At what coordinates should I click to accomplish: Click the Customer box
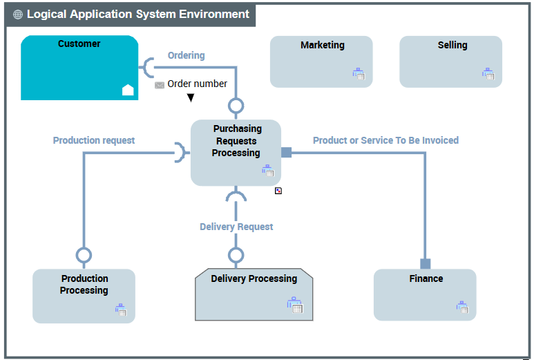79,68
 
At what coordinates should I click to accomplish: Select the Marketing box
321,61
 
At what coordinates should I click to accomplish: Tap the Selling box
450,61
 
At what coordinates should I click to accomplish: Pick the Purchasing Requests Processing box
236,152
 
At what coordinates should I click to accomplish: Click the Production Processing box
84,296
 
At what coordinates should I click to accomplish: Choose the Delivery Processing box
254,294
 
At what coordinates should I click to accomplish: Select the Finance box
425,294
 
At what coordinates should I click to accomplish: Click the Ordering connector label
186,55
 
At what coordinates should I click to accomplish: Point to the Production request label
94,140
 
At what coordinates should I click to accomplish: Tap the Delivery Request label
236,227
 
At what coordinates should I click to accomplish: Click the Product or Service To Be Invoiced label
385,140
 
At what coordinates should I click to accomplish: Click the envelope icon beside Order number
160,85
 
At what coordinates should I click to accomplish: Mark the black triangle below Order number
191,98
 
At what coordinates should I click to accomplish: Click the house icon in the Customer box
128,89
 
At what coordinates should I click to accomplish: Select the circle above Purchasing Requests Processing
236,106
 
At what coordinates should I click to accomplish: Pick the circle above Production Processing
84,256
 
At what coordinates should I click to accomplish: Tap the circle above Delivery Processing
236,256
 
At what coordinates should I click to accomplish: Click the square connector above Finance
426,263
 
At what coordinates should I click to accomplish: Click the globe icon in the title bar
18,15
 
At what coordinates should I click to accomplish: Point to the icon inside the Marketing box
359,73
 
